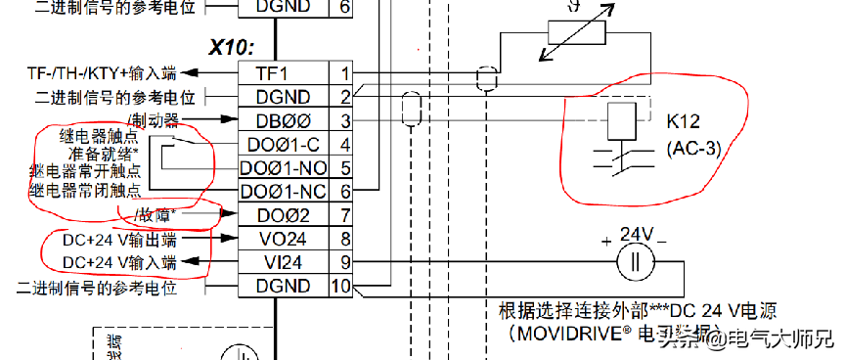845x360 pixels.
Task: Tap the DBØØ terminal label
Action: click(285, 120)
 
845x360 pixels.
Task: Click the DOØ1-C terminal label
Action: click(285, 145)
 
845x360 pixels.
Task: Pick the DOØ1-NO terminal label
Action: click(285, 168)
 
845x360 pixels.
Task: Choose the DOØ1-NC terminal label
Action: click(285, 191)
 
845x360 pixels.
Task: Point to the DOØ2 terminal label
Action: click(285, 214)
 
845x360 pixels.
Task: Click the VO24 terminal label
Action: click(285, 238)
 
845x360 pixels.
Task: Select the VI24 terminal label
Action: click(285, 261)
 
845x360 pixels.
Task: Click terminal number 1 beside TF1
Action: click(344, 72)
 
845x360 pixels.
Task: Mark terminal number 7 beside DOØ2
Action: click(344, 214)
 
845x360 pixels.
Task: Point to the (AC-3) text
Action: click(692, 149)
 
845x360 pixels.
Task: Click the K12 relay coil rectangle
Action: click(623, 120)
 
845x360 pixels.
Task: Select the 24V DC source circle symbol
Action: click(634, 262)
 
